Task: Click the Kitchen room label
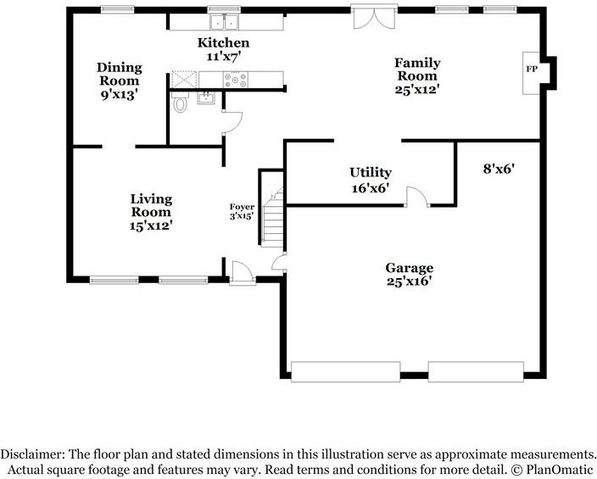[x=224, y=42]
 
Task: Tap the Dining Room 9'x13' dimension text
[x=120, y=94]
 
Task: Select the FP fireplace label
[x=532, y=69]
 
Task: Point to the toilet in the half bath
[x=180, y=102]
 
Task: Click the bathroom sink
[x=206, y=97]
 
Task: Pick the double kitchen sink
[x=225, y=22]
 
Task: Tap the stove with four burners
[x=235, y=80]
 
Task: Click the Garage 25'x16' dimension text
[x=410, y=281]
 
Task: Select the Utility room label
[x=371, y=173]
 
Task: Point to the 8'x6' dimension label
[x=499, y=169]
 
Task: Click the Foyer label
[x=242, y=207]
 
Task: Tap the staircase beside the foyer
[x=272, y=217]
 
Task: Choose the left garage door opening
[x=346, y=371]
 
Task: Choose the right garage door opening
[x=476, y=371]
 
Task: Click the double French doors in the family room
[x=374, y=17]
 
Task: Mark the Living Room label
[x=151, y=205]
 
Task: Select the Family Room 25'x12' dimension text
[x=417, y=89]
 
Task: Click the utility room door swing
[x=417, y=197]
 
